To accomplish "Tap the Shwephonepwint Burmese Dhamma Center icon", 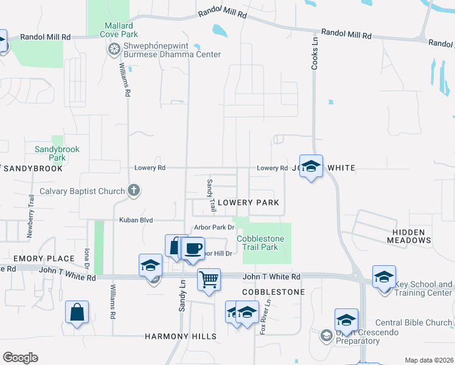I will [x=113, y=50].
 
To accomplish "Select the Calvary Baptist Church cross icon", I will [x=134, y=191].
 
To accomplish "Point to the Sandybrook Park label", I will [x=57, y=153].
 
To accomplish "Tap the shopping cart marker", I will [x=208, y=280].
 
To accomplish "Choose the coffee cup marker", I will [x=193, y=249].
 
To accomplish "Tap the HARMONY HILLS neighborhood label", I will [x=180, y=336].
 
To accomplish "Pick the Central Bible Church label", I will [x=414, y=322].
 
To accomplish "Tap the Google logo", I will [x=20, y=357].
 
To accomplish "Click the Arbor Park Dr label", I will [x=214, y=228].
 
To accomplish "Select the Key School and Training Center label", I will [x=423, y=288].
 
